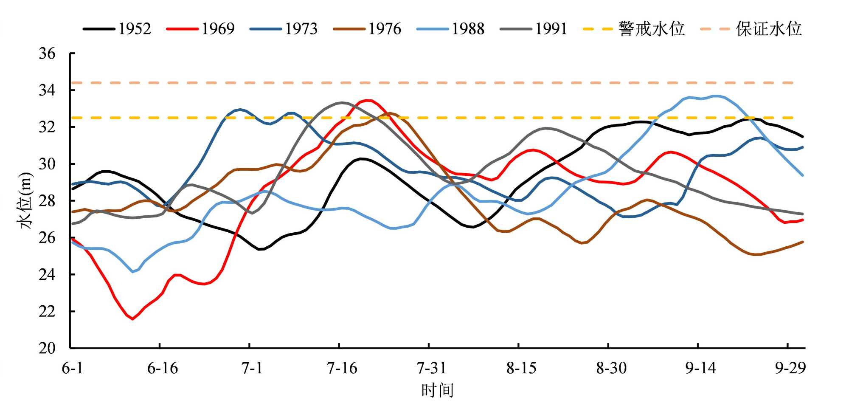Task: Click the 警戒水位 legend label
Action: click(x=652, y=29)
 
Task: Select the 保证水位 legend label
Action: click(x=769, y=29)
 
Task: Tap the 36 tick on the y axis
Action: click(x=47, y=54)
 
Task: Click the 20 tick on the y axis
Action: click(x=47, y=348)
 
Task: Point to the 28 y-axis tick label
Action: click(x=47, y=201)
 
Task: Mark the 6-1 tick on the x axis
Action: click(x=73, y=368)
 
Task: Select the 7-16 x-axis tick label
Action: click(x=342, y=368)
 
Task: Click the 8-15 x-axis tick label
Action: click(x=521, y=368)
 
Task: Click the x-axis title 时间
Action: click(x=438, y=390)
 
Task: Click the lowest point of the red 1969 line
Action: click(x=132, y=318)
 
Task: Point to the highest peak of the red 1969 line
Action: click(x=368, y=100)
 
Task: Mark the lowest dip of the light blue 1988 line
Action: click(x=133, y=272)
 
